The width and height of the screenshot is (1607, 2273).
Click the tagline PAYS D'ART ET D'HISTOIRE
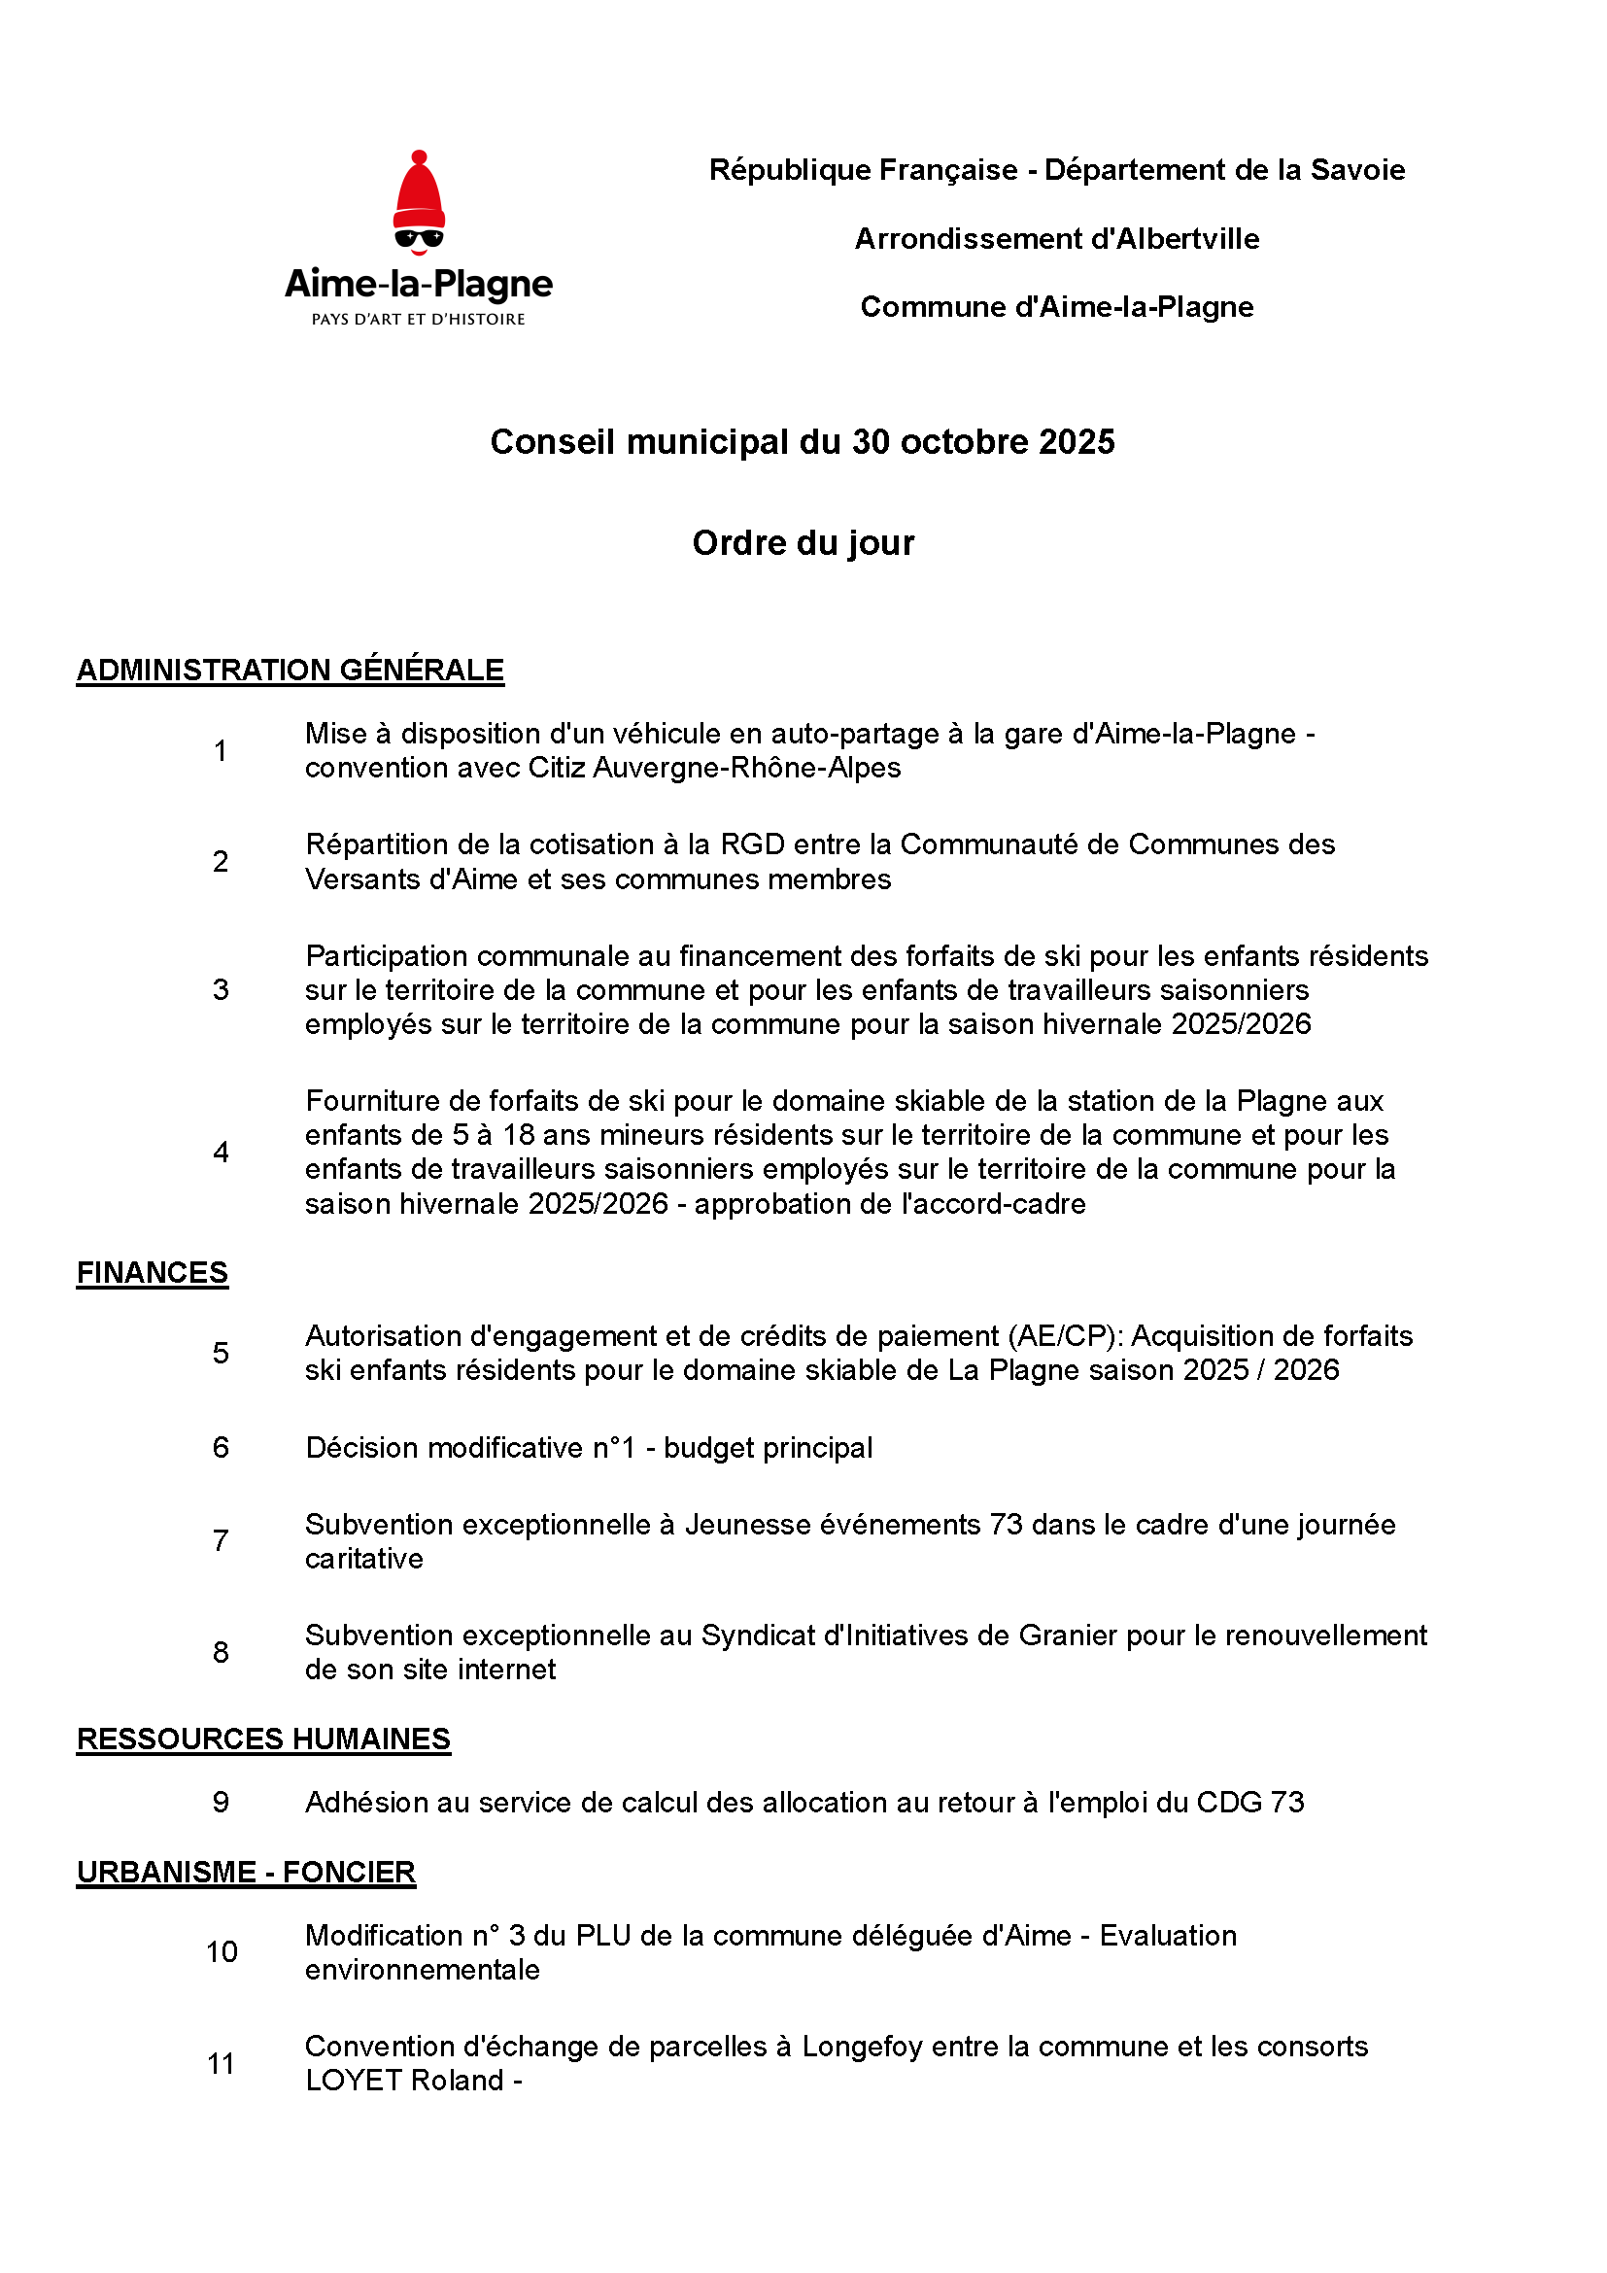tap(419, 320)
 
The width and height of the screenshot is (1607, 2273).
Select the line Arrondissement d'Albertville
tap(1057, 239)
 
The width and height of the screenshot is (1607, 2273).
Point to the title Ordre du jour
tap(803, 543)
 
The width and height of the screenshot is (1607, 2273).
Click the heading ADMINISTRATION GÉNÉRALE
tap(290, 671)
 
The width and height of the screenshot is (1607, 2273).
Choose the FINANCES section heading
tap(153, 1272)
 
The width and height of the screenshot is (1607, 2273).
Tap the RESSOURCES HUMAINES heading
tap(263, 1739)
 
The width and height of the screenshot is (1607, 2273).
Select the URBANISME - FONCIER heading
tap(246, 1872)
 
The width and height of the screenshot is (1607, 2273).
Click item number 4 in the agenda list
tap(221, 1153)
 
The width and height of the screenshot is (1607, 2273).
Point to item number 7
tap(221, 1540)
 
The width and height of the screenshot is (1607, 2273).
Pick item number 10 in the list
tap(222, 1951)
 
